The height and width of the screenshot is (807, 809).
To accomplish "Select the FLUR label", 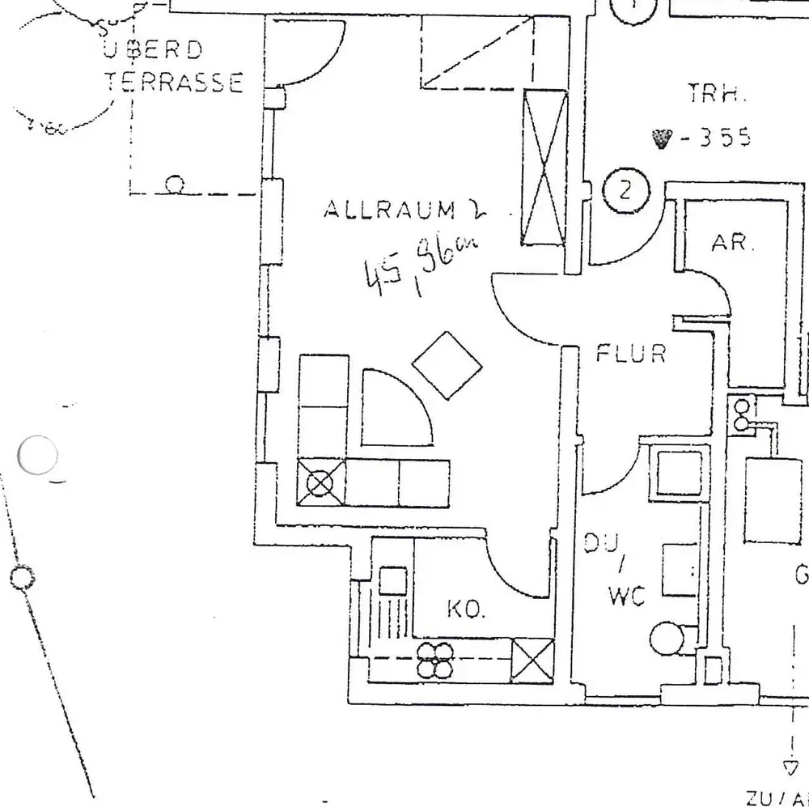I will (x=631, y=354).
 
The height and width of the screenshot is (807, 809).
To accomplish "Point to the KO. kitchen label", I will (x=467, y=609).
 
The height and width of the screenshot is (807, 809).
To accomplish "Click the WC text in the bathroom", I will (x=626, y=597).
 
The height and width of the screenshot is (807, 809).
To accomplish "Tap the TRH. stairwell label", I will (x=715, y=96).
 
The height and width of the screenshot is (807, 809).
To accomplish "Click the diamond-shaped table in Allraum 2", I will (x=447, y=365).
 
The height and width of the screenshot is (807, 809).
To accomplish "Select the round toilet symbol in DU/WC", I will (x=668, y=639).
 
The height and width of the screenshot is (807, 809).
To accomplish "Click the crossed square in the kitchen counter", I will (x=534, y=659).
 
